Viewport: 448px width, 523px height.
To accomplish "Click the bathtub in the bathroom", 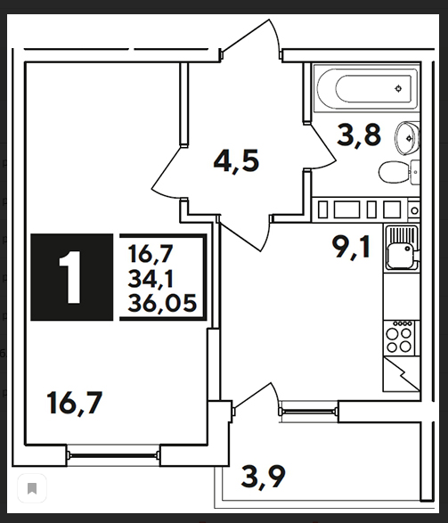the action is pos(367,88).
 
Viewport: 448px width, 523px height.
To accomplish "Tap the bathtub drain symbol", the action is pos(398,89).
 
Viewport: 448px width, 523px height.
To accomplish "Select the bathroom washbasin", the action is pos(407,138).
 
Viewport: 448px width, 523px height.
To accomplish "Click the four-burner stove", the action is pos(400,338).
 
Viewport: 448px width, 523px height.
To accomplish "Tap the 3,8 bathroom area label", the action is pos(359,135).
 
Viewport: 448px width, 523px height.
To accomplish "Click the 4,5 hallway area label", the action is pos(236,161).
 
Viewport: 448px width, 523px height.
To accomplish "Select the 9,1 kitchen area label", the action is pos(351,247).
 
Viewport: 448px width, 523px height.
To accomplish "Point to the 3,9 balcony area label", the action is pos(263,477).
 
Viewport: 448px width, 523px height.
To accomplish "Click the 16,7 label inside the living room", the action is pos(74,404).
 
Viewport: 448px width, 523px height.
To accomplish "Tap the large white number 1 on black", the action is pos(70,277).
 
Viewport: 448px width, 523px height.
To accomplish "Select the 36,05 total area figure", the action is pos(162,304).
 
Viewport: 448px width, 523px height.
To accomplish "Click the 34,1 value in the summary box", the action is pos(151,279).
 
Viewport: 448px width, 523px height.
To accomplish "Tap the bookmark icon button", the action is pos(32,488).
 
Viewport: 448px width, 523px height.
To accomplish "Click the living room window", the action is pos(113,454).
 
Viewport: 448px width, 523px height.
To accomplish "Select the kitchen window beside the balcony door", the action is pos(308,412).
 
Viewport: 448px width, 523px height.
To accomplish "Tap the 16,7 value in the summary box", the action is pos(151,254).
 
